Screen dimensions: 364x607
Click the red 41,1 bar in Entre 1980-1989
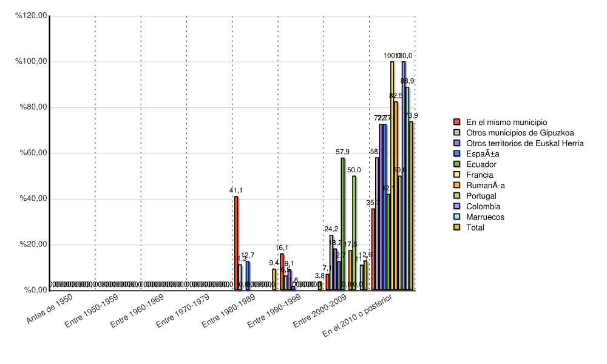[x=236, y=243]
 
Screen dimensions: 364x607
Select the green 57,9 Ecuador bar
[x=343, y=224]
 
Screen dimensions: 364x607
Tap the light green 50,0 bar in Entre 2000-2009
[x=354, y=233]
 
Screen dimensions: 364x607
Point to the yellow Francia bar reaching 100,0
[x=392, y=176]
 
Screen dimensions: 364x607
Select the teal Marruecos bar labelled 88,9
[x=407, y=189]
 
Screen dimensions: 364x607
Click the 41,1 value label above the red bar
[x=236, y=190]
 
